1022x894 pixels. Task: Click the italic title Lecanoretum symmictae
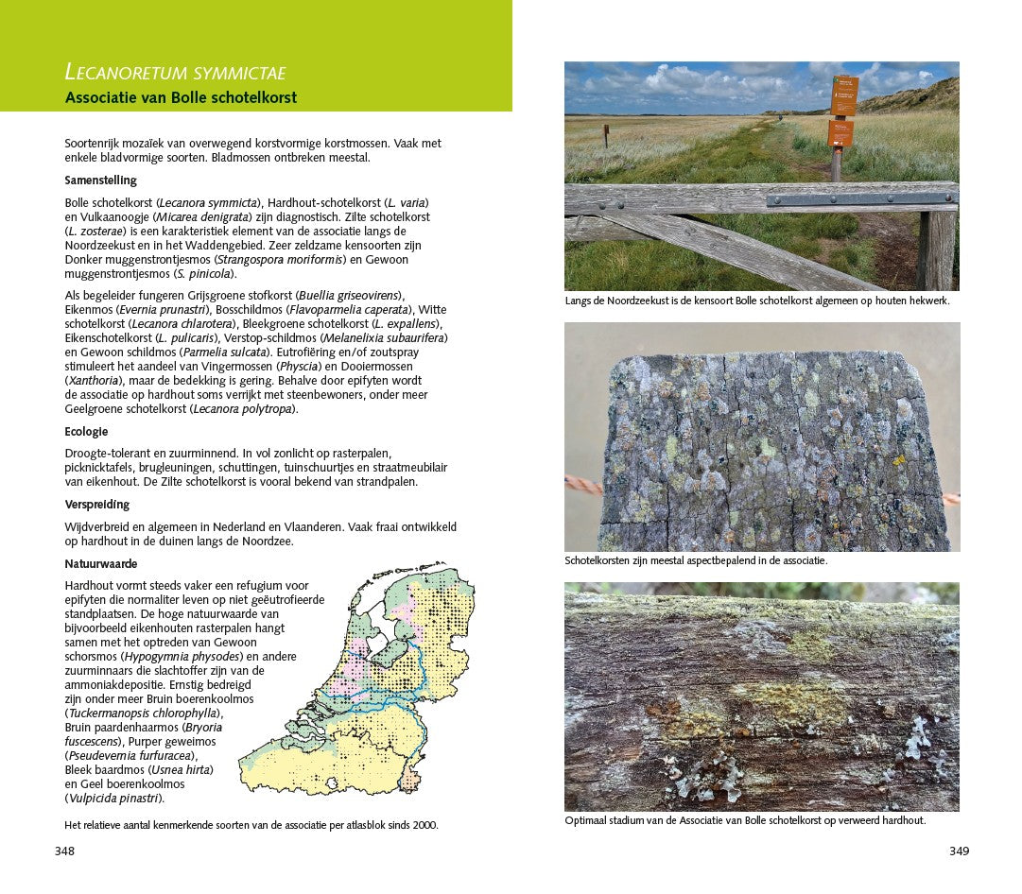coord(175,73)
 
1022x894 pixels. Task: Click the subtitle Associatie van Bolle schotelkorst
coord(181,97)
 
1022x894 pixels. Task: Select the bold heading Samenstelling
coord(101,181)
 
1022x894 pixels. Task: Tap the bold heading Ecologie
coord(86,432)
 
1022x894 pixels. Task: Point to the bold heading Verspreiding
coord(97,505)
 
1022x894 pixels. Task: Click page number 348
coord(64,851)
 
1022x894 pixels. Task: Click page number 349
coord(959,851)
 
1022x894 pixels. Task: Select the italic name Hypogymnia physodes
coord(191,657)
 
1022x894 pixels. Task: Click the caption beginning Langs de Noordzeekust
coord(756,301)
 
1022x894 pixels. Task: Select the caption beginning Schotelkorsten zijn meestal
coord(695,560)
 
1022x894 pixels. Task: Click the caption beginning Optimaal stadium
coord(744,820)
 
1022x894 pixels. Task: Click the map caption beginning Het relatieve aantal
coord(251,825)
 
